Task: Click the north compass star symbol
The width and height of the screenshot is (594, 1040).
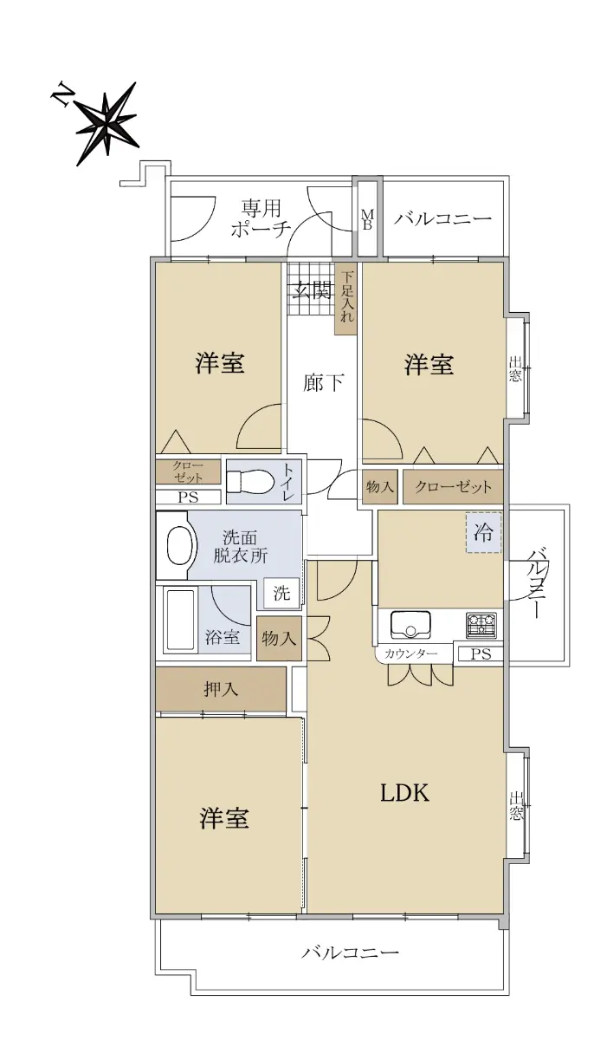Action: (x=107, y=123)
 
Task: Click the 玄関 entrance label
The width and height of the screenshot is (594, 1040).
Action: (x=313, y=291)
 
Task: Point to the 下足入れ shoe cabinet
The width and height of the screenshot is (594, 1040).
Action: (x=346, y=299)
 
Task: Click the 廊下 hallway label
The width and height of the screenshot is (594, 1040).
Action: (x=323, y=382)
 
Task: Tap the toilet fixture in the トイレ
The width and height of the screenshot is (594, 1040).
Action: (x=249, y=480)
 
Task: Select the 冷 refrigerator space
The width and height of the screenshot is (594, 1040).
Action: (x=484, y=532)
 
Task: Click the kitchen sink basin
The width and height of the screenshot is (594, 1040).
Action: (x=410, y=625)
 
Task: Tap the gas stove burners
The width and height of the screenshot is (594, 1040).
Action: (x=481, y=625)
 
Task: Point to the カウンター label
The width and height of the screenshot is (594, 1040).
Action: (x=410, y=653)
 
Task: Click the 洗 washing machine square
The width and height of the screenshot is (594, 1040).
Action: (x=281, y=593)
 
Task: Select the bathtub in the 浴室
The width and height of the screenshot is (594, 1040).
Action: (x=180, y=621)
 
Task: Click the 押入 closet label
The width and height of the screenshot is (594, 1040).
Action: (x=221, y=689)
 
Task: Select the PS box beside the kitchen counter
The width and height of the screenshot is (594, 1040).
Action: (x=481, y=653)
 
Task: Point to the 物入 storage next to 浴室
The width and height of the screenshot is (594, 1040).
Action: (x=279, y=639)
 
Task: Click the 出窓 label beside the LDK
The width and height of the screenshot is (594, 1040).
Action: (x=515, y=806)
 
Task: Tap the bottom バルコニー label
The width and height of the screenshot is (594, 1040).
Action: (x=350, y=952)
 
